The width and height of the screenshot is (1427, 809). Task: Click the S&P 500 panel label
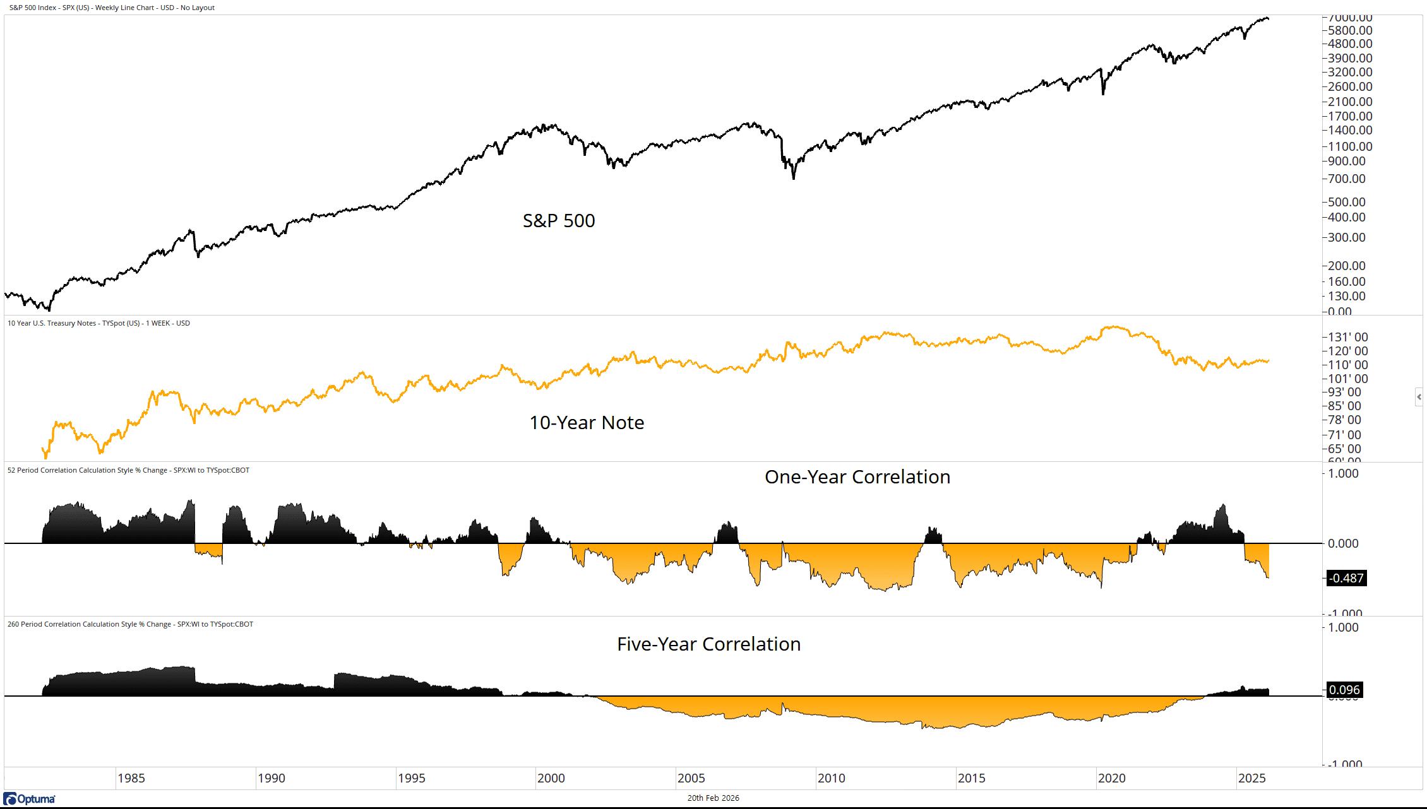tap(559, 221)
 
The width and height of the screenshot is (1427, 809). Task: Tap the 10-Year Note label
tap(587, 423)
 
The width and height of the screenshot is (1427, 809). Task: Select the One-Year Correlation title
tap(857, 477)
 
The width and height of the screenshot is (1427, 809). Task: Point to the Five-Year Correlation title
tap(708, 644)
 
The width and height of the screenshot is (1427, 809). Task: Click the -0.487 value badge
tap(1346, 578)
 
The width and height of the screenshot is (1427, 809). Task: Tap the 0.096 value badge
tap(1344, 690)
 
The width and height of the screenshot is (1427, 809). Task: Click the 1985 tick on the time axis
tap(131, 778)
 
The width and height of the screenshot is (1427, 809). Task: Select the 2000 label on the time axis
tap(551, 778)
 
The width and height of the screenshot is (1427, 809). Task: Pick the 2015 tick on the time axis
tap(971, 778)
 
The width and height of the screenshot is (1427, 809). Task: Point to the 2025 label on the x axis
tap(1251, 778)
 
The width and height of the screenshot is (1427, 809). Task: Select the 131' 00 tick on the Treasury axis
tap(1347, 337)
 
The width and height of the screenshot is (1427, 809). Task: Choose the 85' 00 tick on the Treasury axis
tap(1344, 406)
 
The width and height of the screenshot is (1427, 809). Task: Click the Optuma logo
tap(30, 799)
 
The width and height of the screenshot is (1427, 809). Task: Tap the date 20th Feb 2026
tap(713, 798)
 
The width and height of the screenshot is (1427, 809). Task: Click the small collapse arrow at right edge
tap(1419, 397)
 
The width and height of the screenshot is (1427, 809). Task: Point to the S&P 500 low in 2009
tap(794, 178)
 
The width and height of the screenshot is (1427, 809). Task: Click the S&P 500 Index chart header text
tap(112, 8)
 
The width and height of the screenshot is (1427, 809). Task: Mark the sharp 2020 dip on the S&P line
tap(1103, 93)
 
